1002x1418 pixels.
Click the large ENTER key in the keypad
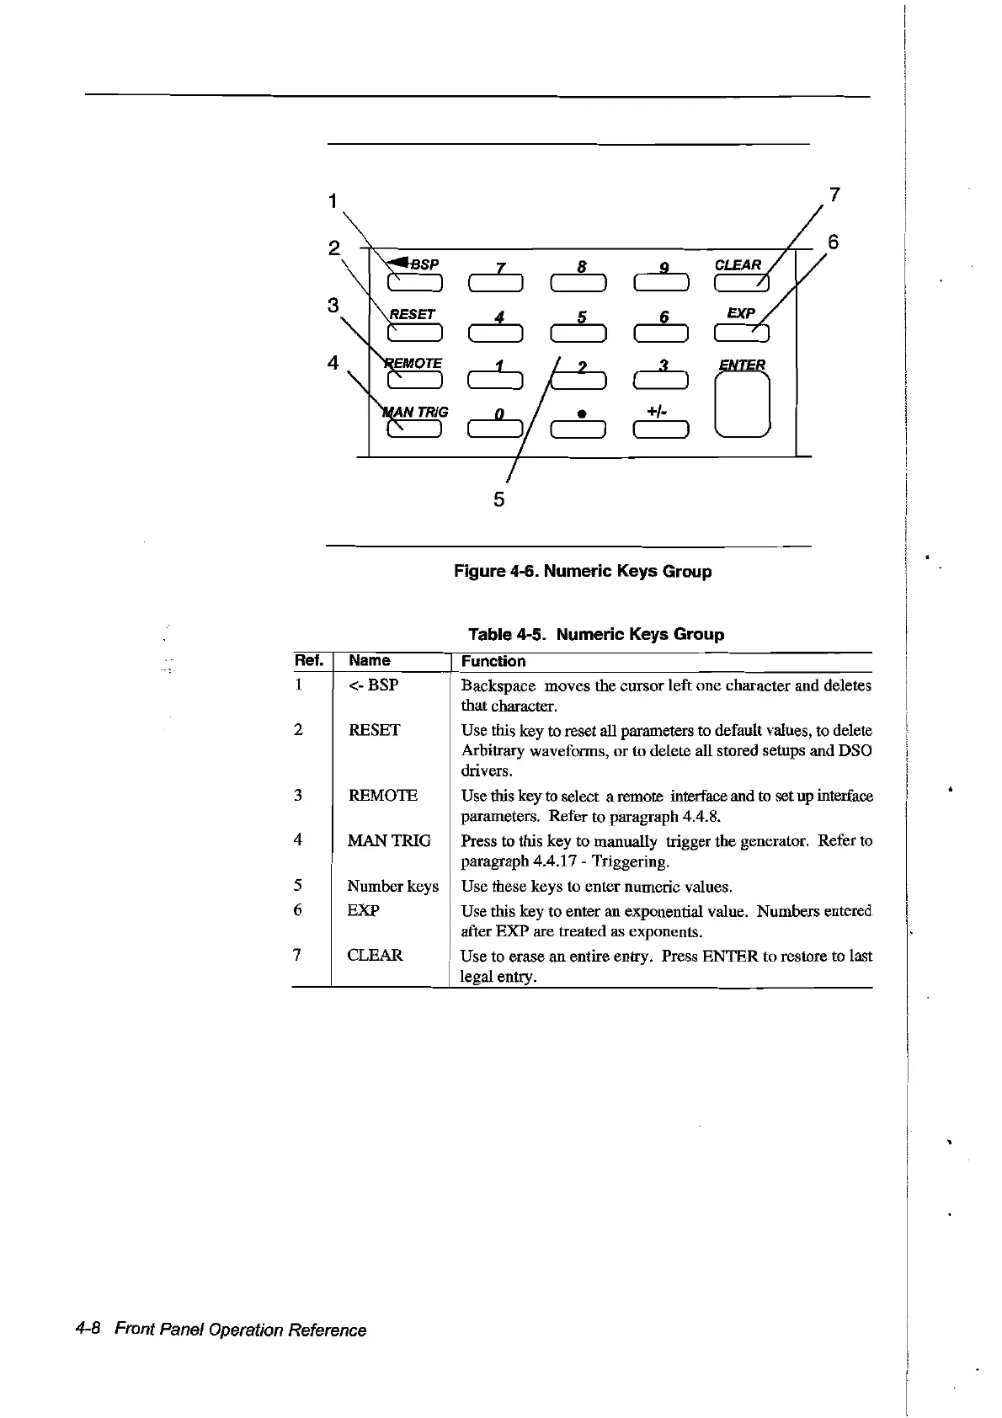click(742, 405)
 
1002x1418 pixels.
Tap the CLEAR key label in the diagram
click(737, 264)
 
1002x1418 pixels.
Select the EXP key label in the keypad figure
click(740, 312)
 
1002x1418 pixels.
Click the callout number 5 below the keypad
click(498, 499)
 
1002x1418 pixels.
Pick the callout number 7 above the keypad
click(834, 195)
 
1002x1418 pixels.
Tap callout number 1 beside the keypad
click(333, 200)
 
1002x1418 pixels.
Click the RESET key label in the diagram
click(412, 314)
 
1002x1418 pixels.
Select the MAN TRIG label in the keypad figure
click(416, 412)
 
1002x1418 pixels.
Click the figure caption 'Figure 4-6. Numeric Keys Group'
click(583, 571)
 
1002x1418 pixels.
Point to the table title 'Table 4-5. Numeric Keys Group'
click(595, 633)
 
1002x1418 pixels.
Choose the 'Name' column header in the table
click(369, 660)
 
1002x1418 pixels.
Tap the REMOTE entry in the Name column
click(382, 795)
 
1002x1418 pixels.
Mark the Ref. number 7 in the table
click(296, 954)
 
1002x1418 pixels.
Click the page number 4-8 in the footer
click(88, 1330)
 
